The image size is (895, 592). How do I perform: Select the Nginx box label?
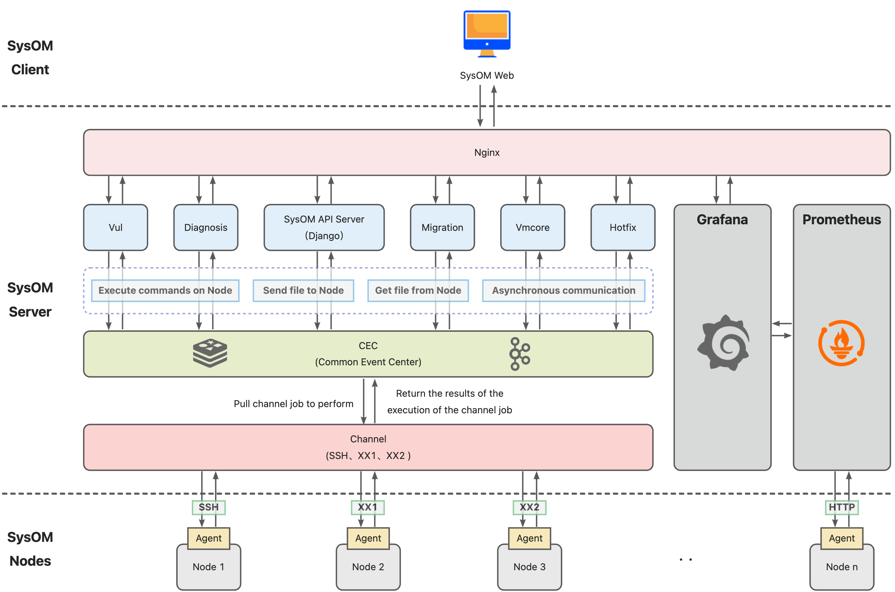point(487,152)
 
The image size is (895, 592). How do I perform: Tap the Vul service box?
point(115,227)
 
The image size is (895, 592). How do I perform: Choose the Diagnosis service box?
point(206,227)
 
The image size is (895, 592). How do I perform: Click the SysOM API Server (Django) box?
point(324,227)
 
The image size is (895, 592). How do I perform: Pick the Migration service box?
point(442,227)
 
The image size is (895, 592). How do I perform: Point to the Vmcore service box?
point(532,227)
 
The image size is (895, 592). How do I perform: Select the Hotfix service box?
point(622,227)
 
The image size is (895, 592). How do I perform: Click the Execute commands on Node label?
point(165,290)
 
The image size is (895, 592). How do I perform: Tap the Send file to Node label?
point(303,290)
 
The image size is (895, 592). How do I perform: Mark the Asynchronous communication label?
point(563,290)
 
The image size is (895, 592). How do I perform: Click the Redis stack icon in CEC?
point(210,353)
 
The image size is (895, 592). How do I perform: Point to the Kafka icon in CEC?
point(519,354)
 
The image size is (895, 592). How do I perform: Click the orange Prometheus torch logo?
point(841,343)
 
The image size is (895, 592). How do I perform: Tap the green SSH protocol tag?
point(208,507)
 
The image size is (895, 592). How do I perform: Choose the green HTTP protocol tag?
point(841,507)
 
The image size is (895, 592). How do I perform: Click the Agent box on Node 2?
point(368,538)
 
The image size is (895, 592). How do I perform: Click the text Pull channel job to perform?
point(293,404)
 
